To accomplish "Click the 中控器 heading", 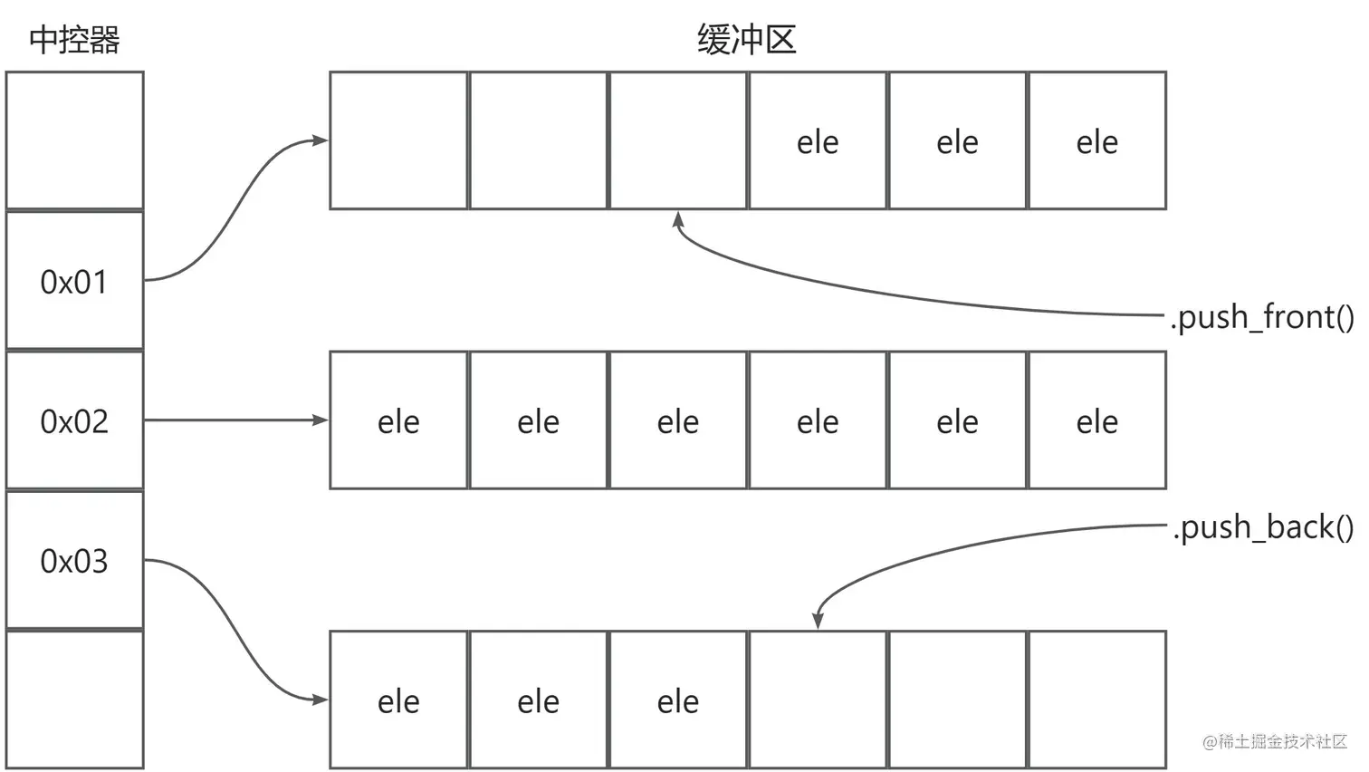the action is [74, 40].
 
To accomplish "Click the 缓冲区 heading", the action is [746, 40].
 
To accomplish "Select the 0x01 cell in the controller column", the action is [74, 282].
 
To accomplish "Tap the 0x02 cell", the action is [74, 421].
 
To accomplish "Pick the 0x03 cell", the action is [74, 561].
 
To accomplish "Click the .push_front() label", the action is [1262, 317].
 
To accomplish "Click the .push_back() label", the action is [1264, 526].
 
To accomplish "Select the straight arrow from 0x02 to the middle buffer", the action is [235, 420].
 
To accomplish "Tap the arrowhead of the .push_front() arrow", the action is [678, 219].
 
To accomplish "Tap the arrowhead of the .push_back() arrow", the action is [818, 620].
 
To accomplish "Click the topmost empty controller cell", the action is [74, 140].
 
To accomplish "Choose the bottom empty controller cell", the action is [74, 700].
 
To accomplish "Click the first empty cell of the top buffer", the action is [398, 140].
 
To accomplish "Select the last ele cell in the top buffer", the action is [1097, 141].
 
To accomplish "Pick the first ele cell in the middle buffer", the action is [398, 421].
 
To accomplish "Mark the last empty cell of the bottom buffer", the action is [1097, 700].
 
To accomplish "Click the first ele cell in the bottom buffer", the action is [398, 700].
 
